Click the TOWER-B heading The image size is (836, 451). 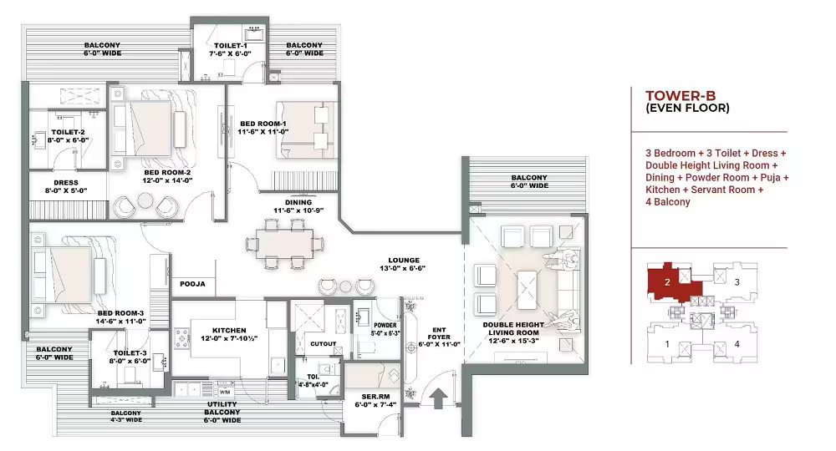click(681, 96)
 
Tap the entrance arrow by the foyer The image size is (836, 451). click(438, 398)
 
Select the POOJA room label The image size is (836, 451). click(192, 284)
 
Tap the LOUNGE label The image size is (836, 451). click(404, 261)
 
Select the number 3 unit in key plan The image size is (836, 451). click(737, 282)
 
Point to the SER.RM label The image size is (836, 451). click(375, 397)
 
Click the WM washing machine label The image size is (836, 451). click(225, 393)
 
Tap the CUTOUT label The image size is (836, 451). click(323, 344)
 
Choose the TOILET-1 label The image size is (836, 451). click(231, 46)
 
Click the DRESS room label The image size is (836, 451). click(65, 183)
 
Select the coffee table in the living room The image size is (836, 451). click(527, 290)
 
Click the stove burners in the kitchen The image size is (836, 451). click(181, 338)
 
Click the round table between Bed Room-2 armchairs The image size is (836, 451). click(145, 200)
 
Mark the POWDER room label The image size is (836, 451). click(385, 326)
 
